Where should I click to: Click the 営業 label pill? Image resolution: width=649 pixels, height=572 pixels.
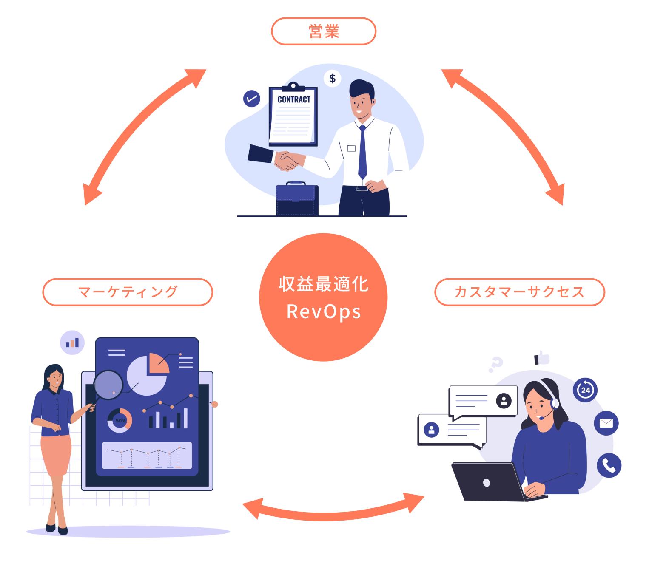coord(324,31)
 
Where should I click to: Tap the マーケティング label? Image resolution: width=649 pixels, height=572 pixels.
coord(128,292)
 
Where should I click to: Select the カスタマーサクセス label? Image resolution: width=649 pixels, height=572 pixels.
coord(519,292)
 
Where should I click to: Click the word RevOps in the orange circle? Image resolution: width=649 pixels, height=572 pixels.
coord(324,312)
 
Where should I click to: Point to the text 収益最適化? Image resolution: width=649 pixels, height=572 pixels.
coord(324,284)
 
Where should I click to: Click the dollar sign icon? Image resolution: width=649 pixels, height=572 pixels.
coord(332,79)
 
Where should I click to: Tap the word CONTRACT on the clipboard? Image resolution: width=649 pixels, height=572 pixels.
coord(294,99)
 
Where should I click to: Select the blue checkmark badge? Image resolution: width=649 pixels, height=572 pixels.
coord(251,99)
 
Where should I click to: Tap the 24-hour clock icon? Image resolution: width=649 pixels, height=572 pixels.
coord(585,390)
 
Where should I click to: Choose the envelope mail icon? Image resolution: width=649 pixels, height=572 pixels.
coord(606,423)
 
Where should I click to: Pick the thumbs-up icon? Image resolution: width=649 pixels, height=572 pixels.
coord(542,358)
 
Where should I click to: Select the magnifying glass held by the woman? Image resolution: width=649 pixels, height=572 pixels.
coord(108,385)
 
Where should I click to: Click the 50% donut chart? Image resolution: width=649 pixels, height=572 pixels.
coord(120,421)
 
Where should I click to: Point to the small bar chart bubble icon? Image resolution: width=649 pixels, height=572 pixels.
coord(72,343)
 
